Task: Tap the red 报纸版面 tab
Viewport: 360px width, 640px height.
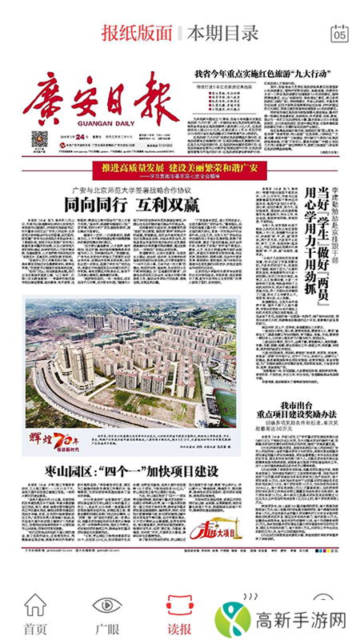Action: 137,34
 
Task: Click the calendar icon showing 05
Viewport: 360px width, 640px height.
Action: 340,34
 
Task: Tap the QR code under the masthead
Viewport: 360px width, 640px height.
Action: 40,141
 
